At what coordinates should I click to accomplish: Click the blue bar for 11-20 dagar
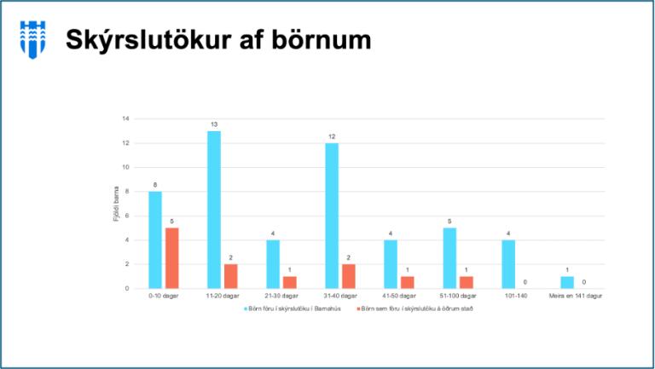(214, 210)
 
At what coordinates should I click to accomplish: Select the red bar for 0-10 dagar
(172, 258)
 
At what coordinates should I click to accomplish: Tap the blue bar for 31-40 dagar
(332, 216)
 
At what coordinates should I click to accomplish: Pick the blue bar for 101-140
(509, 264)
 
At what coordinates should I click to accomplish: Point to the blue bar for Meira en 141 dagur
(567, 282)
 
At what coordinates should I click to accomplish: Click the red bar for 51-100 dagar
(466, 282)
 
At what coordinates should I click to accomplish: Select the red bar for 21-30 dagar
(289, 282)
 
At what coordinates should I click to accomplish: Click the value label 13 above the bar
(214, 124)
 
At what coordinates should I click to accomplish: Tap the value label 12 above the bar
(332, 136)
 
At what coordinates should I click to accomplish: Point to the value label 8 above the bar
(155, 185)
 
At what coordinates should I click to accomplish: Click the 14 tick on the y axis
(125, 118)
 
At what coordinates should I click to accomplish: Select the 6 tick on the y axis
(127, 216)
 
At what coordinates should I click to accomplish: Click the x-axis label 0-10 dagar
(163, 296)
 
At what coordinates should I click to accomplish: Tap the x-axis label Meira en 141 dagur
(576, 296)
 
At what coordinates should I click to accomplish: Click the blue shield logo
(33, 40)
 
